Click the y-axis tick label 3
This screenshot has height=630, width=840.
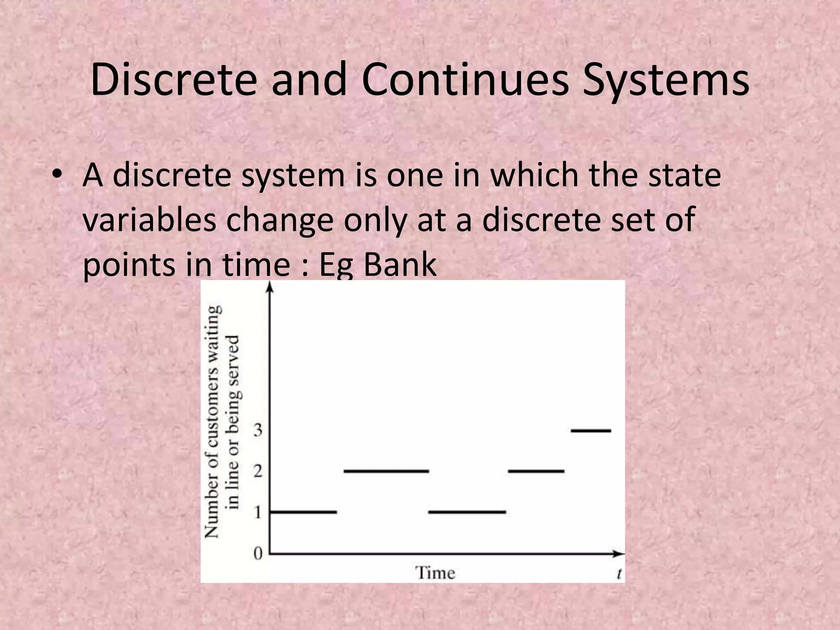(258, 430)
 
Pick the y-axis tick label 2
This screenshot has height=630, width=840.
(258, 471)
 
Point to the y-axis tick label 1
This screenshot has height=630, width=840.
(258, 512)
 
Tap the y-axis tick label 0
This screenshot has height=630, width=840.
(258, 554)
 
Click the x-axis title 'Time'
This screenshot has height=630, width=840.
(436, 573)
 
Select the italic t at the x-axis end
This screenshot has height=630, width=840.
(619, 573)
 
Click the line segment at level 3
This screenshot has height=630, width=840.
(591, 431)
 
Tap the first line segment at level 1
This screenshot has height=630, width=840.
(304, 512)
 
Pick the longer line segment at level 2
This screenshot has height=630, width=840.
(386, 471)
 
